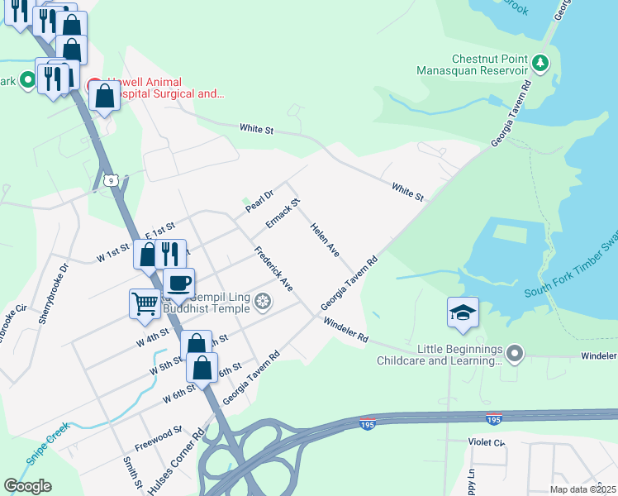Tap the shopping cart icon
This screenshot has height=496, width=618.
pos(145,304)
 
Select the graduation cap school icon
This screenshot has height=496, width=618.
pos(463,312)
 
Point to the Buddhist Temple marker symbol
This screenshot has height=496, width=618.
pos(263,303)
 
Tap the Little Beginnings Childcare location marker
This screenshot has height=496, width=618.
pos(515,354)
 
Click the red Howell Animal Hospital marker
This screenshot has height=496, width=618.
pos(94,85)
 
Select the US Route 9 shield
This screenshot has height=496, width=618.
pos(109,179)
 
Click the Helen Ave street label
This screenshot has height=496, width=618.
pos(325,239)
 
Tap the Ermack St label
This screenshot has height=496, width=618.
pos(283,213)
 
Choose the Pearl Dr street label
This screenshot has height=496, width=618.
pos(259,200)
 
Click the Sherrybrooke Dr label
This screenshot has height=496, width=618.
pos(56,281)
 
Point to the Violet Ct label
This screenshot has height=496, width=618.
pos(487,442)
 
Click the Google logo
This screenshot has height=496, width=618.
pos(27,486)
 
